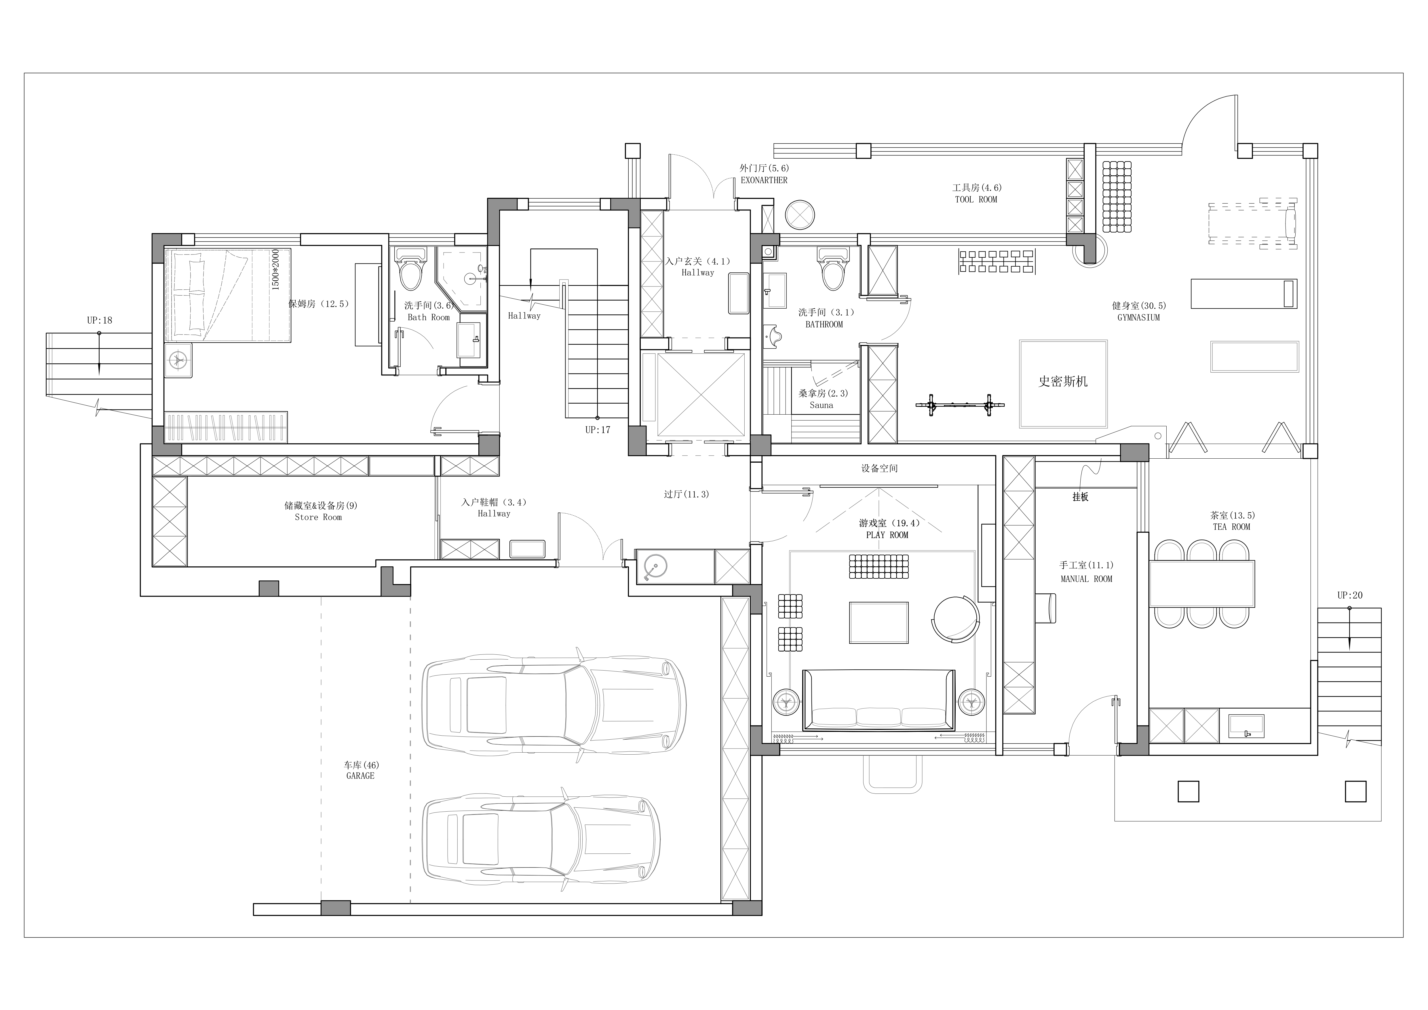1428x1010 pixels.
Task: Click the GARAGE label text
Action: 361,776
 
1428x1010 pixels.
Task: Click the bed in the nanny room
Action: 228,295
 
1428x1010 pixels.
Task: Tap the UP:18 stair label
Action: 100,320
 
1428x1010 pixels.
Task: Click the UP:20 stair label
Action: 1350,595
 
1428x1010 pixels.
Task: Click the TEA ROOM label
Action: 1231,527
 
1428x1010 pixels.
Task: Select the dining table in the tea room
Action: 1201,583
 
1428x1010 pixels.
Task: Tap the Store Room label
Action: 318,517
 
